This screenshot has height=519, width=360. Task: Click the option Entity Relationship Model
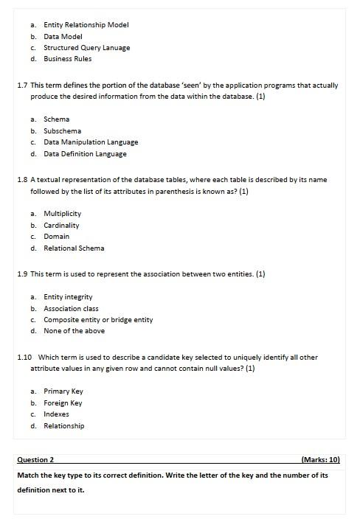click(86, 24)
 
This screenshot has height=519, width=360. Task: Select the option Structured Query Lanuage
click(86, 47)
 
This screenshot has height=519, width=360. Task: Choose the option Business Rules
click(69, 58)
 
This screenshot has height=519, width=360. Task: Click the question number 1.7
click(22, 86)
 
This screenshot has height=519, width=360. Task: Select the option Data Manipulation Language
click(91, 142)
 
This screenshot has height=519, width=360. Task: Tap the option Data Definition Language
click(85, 154)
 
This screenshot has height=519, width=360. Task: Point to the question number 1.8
click(22, 180)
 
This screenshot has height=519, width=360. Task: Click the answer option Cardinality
click(61, 225)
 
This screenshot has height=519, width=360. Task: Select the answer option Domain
click(56, 237)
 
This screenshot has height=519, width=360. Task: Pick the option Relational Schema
click(74, 248)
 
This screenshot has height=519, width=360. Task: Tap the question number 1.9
click(22, 274)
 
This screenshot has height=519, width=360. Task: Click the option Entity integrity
click(68, 296)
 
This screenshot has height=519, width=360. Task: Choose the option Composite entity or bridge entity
click(98, 320)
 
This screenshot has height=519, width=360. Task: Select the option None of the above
click(74, 331)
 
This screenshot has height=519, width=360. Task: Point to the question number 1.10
click(24, 357)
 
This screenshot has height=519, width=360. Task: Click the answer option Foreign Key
click(63, 403)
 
